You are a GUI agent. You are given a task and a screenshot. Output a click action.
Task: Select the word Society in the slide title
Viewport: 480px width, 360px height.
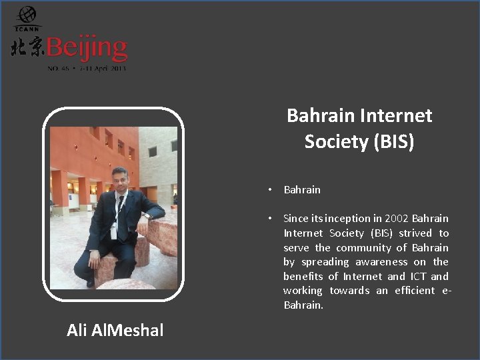tap(335, 142)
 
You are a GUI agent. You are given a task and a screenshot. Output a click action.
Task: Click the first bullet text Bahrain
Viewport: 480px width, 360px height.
tap(302, 190)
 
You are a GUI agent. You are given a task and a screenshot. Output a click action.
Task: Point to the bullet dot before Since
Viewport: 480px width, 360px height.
tap(269, 219)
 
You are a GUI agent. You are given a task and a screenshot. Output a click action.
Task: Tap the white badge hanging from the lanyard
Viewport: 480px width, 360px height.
tap(114, 231)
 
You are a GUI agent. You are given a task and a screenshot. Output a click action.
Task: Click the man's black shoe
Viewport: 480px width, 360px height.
tap(91, 283)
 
